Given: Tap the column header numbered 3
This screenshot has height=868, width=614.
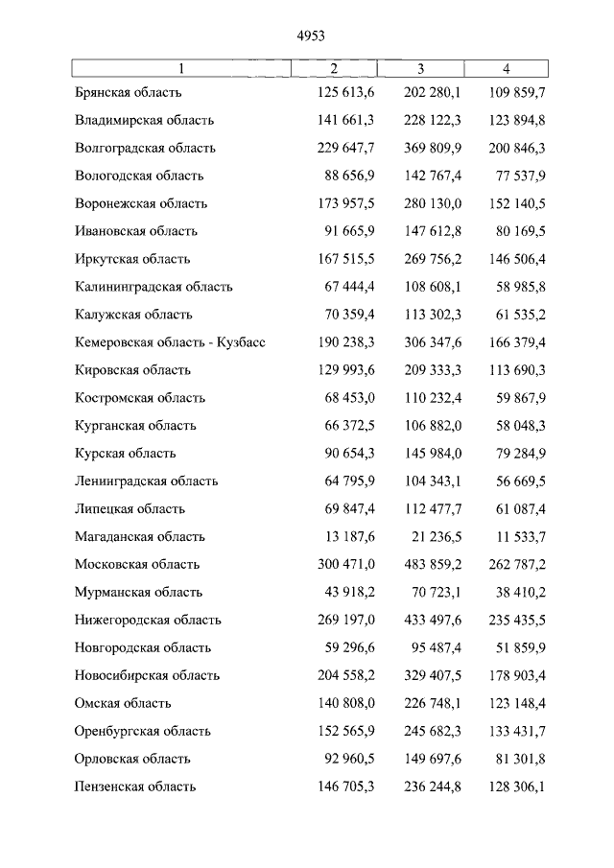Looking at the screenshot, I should [x=420, y=67].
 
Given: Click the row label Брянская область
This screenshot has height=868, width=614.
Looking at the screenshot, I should [x=128, y=93].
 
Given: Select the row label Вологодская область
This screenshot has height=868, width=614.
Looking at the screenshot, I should [x=139, y=176].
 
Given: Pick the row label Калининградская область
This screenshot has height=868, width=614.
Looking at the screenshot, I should [x=153, y=287].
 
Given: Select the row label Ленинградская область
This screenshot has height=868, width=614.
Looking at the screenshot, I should [x=146, y=481].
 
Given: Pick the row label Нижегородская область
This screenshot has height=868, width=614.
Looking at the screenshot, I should [x=148, y=621].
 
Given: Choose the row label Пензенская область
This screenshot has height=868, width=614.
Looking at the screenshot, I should [x=135, y=787].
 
